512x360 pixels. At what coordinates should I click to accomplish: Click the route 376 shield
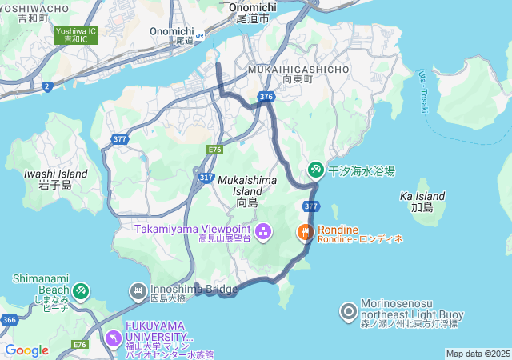(x=267, y=97)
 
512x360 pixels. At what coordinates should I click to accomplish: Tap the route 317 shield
(x=206, y=178)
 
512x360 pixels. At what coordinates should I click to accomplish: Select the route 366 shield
(x=10, y=320)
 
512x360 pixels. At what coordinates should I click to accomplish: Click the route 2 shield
(x=47, y=85)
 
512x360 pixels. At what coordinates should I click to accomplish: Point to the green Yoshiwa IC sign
(x=76, y=34)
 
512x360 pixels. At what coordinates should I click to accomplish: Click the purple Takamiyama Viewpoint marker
(x=263, y=233)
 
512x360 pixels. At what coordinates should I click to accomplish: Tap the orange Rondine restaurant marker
(x=305, y=233)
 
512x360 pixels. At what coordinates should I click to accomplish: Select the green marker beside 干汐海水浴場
(x=316, y=170)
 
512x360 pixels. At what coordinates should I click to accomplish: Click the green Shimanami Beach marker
(x=80, y=290)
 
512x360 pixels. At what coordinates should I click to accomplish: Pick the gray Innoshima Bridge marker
(x=138, y=290)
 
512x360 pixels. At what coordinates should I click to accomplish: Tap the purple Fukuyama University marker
(x=113, y=339)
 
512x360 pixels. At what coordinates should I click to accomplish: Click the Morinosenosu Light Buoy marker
(x=349, y=311)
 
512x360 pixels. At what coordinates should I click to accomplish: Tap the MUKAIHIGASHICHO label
(x=298, y=70)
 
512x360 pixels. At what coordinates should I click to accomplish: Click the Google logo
(x=26, y=350)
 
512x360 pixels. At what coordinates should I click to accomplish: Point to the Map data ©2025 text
(x=478, y=354)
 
